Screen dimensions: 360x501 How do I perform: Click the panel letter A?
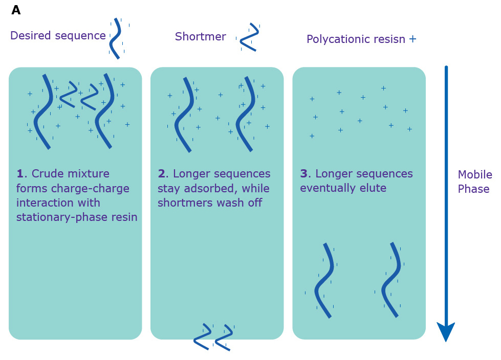(x=16, y=10)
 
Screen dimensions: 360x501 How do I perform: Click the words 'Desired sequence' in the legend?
(x=58, y=36)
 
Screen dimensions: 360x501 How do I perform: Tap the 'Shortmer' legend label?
(x=200, y=37)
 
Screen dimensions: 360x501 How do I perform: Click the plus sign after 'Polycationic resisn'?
(x=412, y=39)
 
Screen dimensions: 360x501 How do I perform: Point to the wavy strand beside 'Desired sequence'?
(x=117, y=38)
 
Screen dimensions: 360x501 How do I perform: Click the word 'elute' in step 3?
(x=374, y=189)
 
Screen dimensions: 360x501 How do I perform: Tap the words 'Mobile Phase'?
(x=474, y=182)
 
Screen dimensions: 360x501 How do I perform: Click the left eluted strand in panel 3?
(x=325, y=280)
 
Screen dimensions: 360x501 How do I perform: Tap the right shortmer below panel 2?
(x=224, y=337)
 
